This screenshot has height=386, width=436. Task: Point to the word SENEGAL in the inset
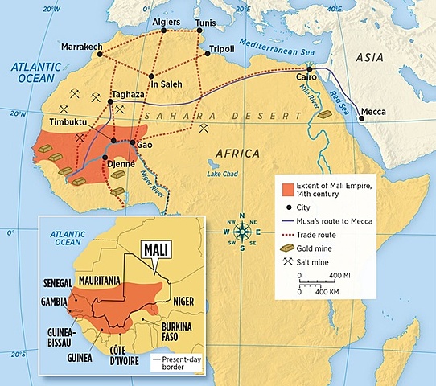click(57, 284)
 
